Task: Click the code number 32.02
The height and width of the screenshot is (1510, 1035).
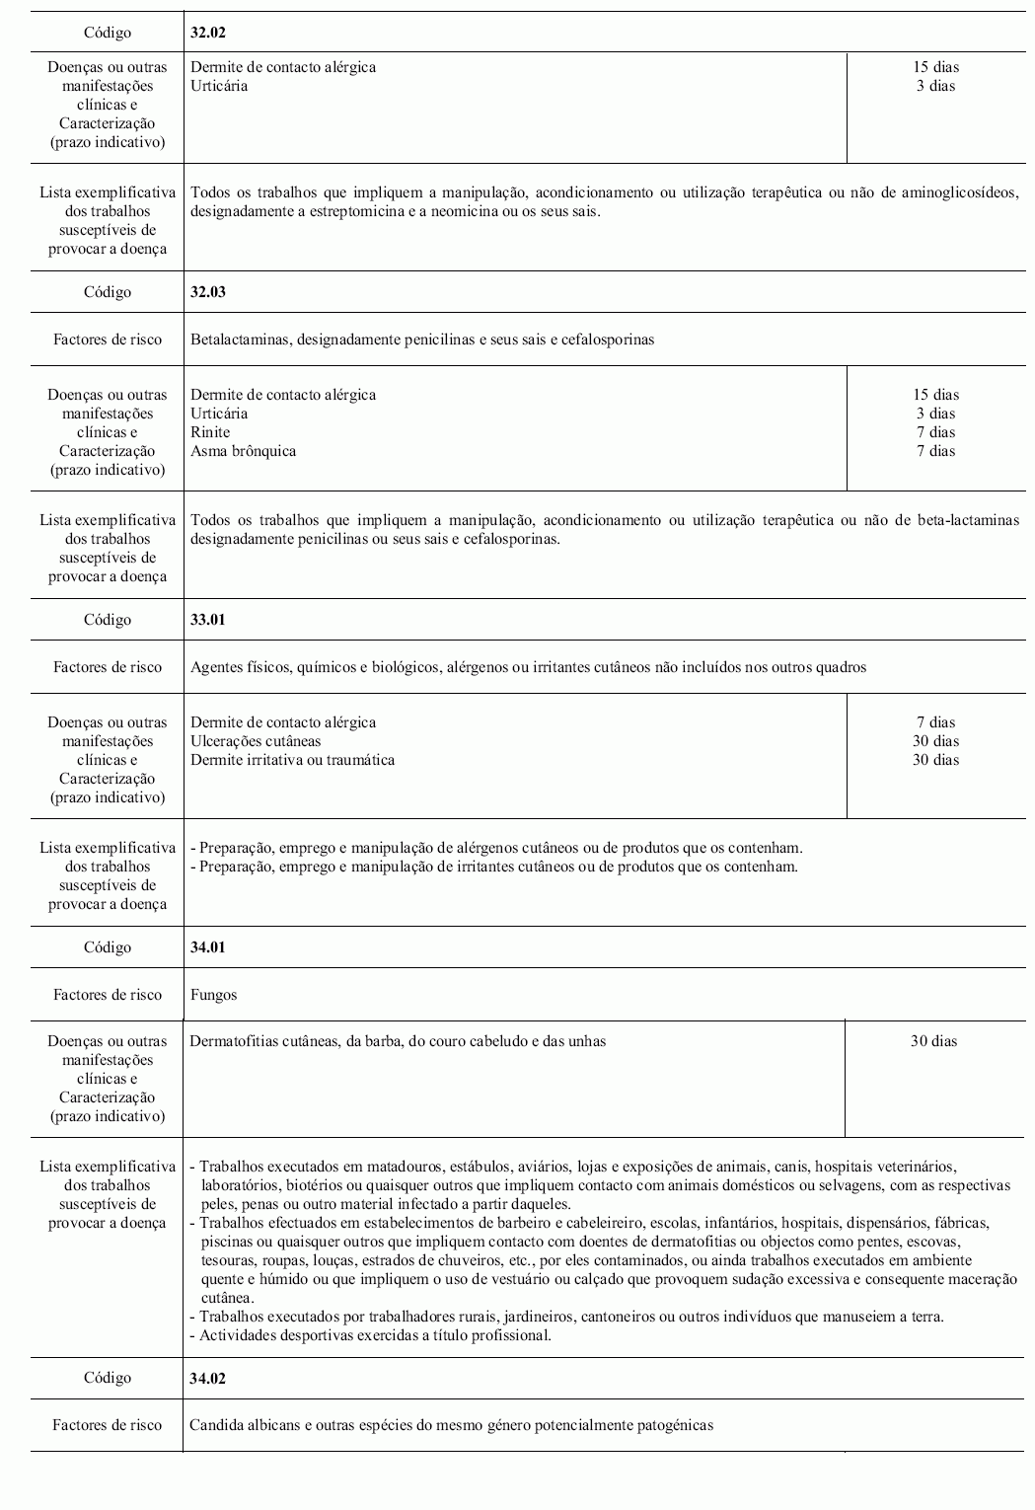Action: click(208, 33)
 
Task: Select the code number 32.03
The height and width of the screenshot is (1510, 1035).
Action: click(208, 292)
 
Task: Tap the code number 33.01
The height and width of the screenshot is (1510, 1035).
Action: click(208, 620)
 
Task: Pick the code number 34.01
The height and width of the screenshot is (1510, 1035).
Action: click(208, 947)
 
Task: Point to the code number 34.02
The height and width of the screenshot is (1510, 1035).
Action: click(208, 1378)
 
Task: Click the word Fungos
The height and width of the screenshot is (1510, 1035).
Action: click(213, 995)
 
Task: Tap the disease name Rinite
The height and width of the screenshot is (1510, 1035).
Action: click(210, 432)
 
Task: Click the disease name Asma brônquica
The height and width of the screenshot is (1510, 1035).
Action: click(243, 451)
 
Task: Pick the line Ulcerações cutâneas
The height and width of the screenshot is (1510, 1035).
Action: click(256, 741)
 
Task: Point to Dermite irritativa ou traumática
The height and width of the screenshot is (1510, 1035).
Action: click(292, 760)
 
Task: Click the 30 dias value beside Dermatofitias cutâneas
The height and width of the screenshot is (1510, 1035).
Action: click(933, 1041)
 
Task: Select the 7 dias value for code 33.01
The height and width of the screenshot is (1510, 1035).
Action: click(935, 722)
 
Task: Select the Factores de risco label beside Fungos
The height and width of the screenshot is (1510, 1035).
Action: click(107, 995)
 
